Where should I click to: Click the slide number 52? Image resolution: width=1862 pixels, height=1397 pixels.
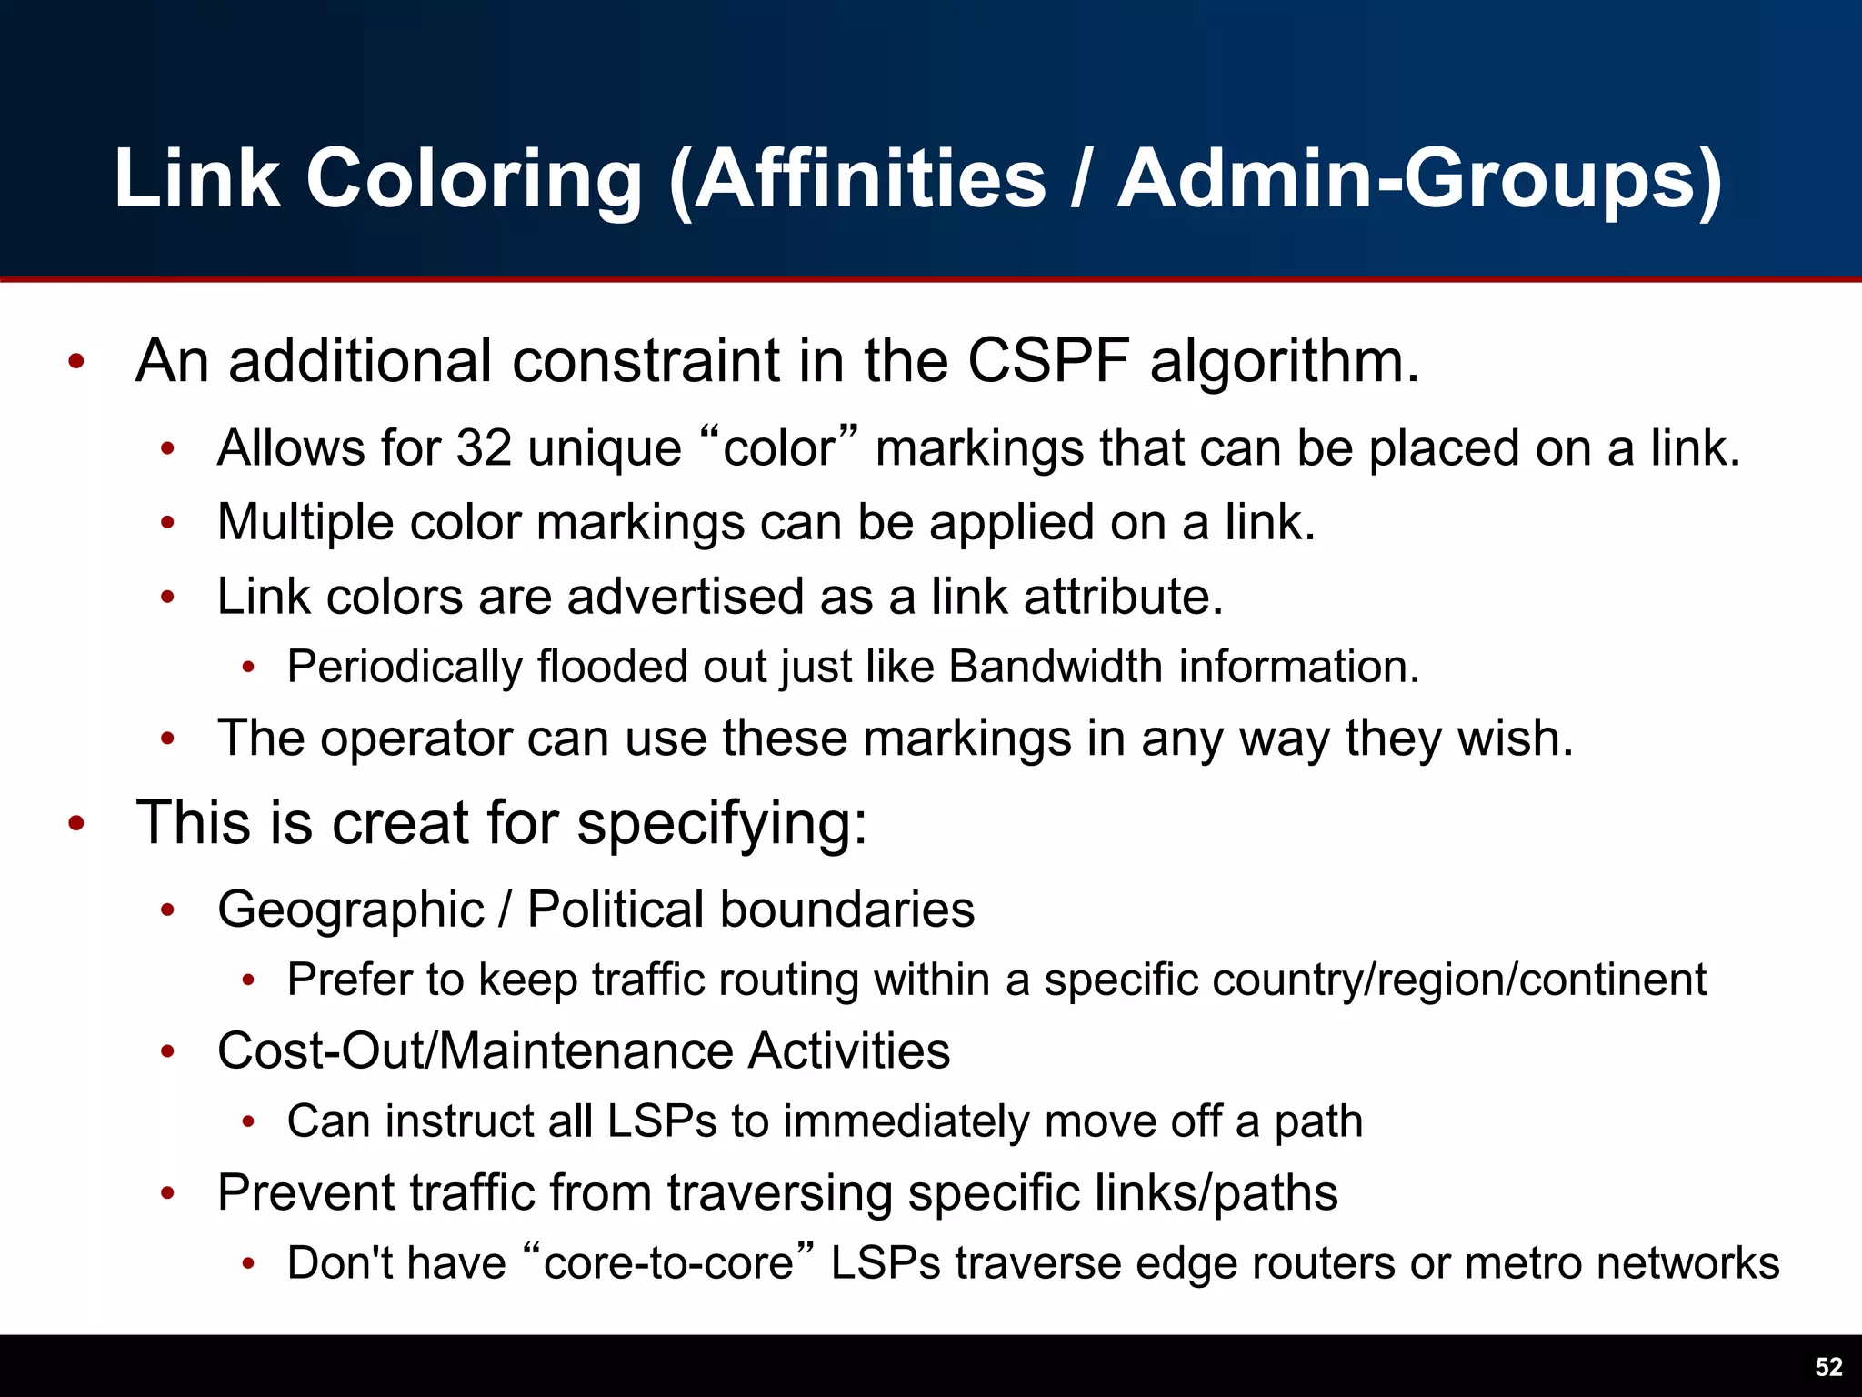[1828, 1367]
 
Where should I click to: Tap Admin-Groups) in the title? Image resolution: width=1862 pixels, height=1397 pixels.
[1419, 180]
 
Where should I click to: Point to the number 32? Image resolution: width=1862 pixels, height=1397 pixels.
[484, 448]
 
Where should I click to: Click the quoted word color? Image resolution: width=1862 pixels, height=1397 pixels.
[779, 448]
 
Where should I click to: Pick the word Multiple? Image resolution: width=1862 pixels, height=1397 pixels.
[305, 523]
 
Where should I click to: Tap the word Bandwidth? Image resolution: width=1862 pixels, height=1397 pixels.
[1056, 667]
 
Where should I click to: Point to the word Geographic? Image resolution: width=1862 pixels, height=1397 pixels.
[351, 910]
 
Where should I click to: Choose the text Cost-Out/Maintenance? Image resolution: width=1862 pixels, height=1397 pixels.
[475, 1051]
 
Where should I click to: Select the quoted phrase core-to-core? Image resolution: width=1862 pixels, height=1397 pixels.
[668, 1263]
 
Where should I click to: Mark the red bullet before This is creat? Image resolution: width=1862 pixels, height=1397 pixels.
[76, 824]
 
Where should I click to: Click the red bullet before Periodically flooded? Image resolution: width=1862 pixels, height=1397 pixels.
[248, 668]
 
